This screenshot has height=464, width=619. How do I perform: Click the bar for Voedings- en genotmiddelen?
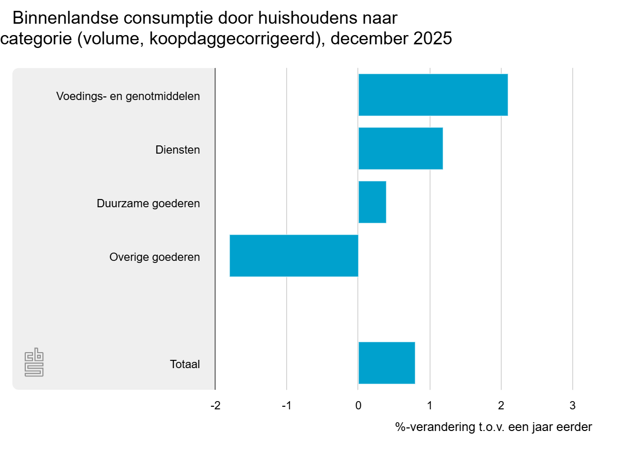(433, 95)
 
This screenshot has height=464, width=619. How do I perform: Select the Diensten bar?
(400, 148)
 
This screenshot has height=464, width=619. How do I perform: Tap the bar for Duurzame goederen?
(372, 202)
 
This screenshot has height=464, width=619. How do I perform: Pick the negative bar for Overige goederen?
(294, 256)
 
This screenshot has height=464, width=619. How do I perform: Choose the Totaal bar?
(386, 363)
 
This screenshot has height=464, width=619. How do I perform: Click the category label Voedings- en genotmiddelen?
(128, 96)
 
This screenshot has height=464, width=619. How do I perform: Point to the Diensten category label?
(177, 150)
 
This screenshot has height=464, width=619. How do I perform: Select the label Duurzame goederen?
(148, 204)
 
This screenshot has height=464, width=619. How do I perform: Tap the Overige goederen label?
(154, 257)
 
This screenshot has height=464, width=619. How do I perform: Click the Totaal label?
(185, 364)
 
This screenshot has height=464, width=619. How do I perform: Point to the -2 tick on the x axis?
(216, 406)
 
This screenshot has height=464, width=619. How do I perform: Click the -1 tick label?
(287, 406)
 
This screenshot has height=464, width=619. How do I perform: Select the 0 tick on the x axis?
(358, 406)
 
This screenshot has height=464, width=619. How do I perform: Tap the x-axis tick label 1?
(430, 406)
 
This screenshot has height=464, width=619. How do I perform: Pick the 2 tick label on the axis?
(501, 406)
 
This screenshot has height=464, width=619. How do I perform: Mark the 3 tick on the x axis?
(573, 406)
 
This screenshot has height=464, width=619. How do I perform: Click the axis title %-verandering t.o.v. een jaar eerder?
(494, 427)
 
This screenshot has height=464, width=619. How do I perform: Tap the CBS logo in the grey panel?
(34, 363)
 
